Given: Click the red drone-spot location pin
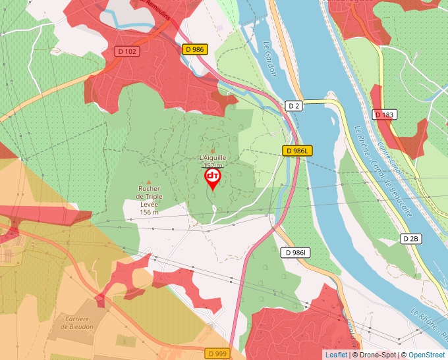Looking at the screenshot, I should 212,179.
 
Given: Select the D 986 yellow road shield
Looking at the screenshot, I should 195,49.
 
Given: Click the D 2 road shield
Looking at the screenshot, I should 294,105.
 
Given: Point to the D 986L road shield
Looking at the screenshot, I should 296,151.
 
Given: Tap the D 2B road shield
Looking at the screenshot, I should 410,238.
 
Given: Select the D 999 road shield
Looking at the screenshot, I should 217,353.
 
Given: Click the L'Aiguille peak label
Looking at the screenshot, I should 212,158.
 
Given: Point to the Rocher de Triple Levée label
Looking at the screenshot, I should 149,197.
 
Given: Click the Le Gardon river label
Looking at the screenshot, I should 269,59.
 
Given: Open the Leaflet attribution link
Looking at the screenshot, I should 336,355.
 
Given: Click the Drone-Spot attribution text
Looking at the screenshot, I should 376,355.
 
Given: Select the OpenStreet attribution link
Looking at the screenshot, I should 426,355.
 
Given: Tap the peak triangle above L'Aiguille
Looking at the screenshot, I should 212,151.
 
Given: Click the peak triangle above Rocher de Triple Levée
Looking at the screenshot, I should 149,182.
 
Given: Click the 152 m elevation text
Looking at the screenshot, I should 212,166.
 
